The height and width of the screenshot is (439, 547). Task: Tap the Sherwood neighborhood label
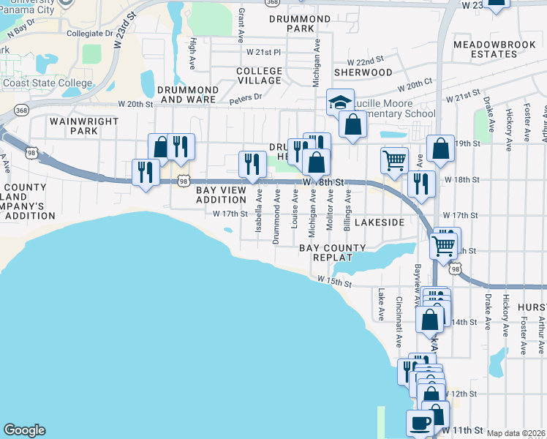[x=363, y=72]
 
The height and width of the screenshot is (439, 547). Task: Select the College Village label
[x=259, y=76]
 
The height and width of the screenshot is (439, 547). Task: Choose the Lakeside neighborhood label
[x=380, y=221]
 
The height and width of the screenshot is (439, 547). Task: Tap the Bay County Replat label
[x=333, y=253]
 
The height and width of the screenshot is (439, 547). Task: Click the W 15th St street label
[x=336, y=280]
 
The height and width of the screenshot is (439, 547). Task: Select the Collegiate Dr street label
[x=89, y=34]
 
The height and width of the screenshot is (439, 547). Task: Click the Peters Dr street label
[x=246, y=97]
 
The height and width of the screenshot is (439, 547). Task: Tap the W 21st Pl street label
[x=263, y=52]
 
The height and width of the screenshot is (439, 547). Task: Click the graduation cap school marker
[x=340, y=102]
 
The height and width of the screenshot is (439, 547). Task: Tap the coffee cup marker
[x=420, y=423]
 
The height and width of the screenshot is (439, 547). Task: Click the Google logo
[x=24, y=430]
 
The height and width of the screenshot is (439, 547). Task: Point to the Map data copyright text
[x=516, y=433]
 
